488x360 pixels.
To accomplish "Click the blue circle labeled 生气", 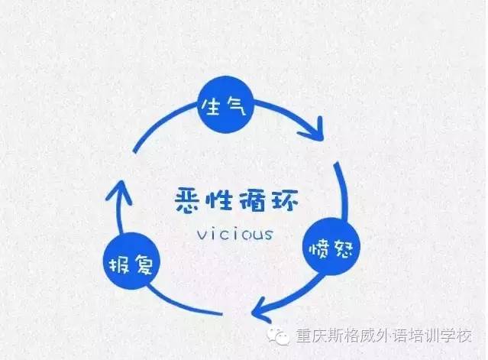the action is (226, 104).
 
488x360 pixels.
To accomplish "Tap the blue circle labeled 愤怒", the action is (331, 247).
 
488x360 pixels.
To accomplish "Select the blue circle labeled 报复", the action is (131, 261).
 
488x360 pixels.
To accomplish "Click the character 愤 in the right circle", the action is (319, 248).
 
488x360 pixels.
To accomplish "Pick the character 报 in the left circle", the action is (120, 264).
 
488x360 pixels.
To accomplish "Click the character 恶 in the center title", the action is (188, 201).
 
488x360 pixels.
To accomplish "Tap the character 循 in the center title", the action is (252, 201).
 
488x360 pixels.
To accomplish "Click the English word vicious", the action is (235, 233).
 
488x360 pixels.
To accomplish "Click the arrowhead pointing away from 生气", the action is (314, 130).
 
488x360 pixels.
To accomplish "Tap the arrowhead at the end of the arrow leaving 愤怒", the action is (261, 310).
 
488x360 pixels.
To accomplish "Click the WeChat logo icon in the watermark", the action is (278, 336).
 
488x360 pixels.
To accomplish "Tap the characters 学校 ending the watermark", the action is (459, 336).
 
